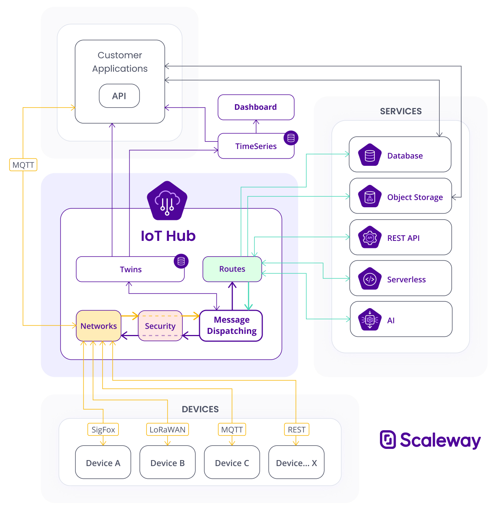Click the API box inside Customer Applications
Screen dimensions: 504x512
pyautogui.click(x=119, y=96)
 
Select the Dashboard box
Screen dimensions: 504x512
pyautogui.click(x=256, y=107)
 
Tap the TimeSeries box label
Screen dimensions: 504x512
pyautogui.click(x=256, y=146)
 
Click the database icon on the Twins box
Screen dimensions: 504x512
pyautogui.click(x=181, y=261)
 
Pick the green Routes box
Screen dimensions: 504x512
pyautogui.click(x=232, y=269)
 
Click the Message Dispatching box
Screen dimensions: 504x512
pyautogui.click(x=231, y=326)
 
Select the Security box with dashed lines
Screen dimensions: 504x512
pyautogui.click(x=160, y=326)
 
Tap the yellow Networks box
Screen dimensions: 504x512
pyautogui.click(x=99, y=326)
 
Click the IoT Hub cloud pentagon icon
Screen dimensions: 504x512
pyautogui.click(x=167, y=201)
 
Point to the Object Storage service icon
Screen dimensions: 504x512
pyautogui.click(x=370, y=196)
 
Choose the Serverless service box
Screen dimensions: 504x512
pyautogui.click(x=401, y=278)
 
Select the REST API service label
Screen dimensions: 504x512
pyautogui.click(x=403, y=238)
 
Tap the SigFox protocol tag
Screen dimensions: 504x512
pyautogui.click(x=103, y=429)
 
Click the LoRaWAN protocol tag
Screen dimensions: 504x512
pyautogui.click(x=167, y=429)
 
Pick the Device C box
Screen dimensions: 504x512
pyautogui.click(x=232, y=462)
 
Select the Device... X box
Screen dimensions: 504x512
pyautogui.click(x=296, y=462)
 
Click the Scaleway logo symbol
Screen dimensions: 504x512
pyautogui.click(x=387, y=440)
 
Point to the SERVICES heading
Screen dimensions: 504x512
pyautogui.click(x=401, y=111)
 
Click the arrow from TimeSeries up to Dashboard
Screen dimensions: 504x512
pyautogui.click(x=256, y=127)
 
